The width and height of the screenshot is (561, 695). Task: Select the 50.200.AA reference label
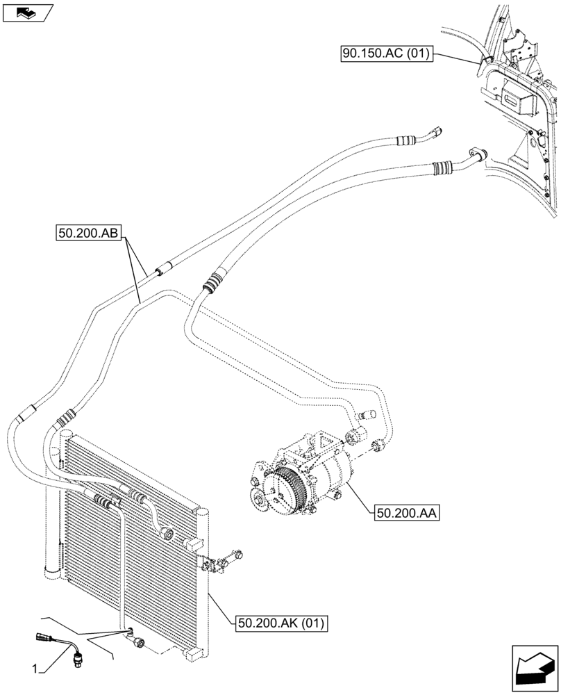tap(408, 514)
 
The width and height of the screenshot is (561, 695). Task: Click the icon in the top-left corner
tap(27, 12)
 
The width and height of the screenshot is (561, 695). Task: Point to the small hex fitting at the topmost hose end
tap(437, 131)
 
